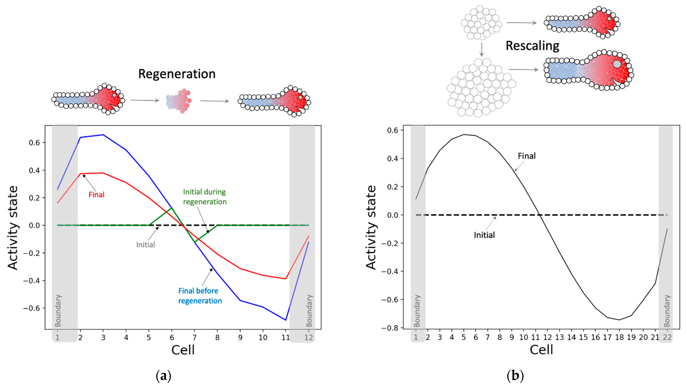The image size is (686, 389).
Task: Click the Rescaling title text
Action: pos(532,46)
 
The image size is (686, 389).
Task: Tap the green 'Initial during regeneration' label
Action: pos(205,197)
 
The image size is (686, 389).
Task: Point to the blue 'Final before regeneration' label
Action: pos(200,295)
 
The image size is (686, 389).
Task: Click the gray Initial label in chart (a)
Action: pos(146,245)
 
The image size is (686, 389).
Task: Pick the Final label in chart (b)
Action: pos(527,156)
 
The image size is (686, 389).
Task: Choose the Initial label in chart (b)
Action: pos(484,235)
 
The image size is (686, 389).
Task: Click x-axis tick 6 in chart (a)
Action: pos(172,338)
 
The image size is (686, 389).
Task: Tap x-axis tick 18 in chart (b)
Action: pos(619,337)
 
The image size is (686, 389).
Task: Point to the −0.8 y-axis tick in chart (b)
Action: pos(390,328)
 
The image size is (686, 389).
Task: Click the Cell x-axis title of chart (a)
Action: pos(183,350)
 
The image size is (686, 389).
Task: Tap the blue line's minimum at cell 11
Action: pos(286,320)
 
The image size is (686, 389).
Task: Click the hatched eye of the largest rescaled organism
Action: pos(617,64)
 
